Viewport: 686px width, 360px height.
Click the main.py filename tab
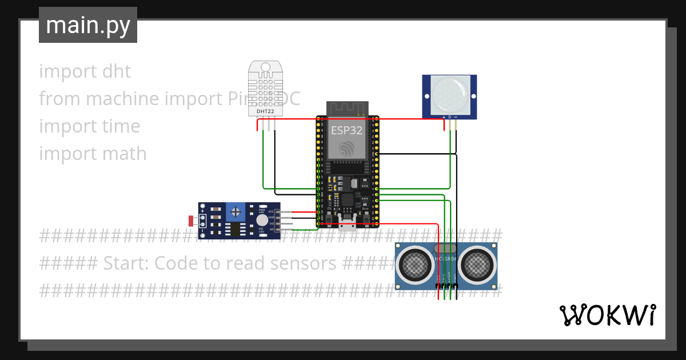coord(87,25)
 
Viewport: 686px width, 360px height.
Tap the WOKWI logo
coord(607,315)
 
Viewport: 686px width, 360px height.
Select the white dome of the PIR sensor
coord(449,94)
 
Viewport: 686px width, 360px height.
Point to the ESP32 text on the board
coord(346,130)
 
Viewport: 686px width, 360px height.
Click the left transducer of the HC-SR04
coord(416,263)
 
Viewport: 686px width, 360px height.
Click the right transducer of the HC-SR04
coord(476,263)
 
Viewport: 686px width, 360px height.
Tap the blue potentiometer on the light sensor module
coord(235,212)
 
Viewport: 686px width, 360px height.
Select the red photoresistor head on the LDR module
coord(191,220)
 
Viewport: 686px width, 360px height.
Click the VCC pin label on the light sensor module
coord(271,211)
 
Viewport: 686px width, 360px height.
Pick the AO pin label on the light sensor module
coord(272,229)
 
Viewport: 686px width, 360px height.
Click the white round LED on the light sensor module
coord(262,221)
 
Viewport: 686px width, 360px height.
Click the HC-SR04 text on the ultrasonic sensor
coord(445,259)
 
